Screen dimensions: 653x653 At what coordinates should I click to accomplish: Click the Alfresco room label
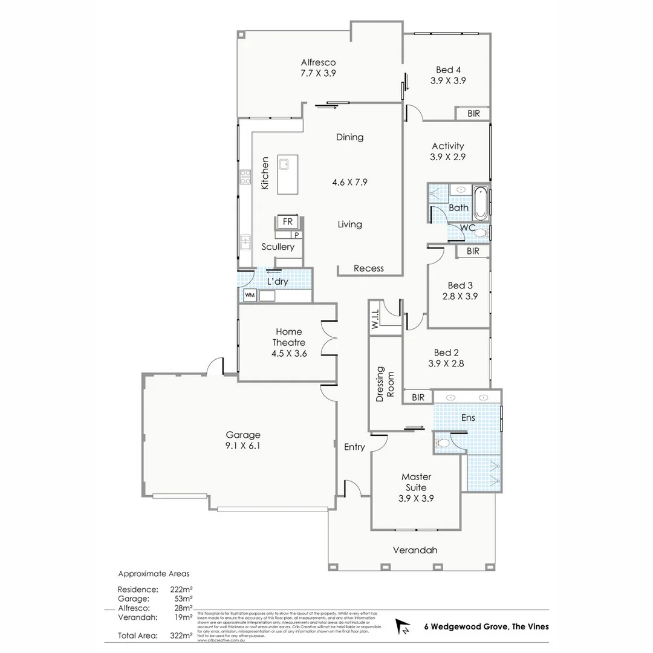click(318, 62)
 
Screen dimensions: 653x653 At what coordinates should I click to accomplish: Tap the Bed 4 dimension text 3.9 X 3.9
click(448, 80)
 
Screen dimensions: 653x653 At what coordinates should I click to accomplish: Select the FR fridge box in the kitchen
click(287, 222)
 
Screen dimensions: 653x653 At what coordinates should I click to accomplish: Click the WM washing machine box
click(249, 296)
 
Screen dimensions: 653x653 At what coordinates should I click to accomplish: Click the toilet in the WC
click(481, 232)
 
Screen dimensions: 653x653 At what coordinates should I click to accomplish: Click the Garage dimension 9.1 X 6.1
click(242, 446)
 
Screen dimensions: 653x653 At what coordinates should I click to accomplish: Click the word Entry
click(354, 447)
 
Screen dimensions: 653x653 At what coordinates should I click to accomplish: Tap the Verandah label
click(415, 550)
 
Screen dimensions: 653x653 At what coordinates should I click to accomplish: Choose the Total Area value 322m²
click(181, 635)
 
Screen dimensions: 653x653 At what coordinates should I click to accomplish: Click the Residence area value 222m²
click(181, 589)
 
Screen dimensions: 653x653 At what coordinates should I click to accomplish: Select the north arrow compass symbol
click(401, 627)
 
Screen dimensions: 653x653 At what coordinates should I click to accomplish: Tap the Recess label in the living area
click(368, 268)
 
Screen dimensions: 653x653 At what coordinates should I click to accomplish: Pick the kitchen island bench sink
click(285, 164)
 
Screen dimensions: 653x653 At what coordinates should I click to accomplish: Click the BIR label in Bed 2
click(418, 397)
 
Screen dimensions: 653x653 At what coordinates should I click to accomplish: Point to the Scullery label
click(278, 247)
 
